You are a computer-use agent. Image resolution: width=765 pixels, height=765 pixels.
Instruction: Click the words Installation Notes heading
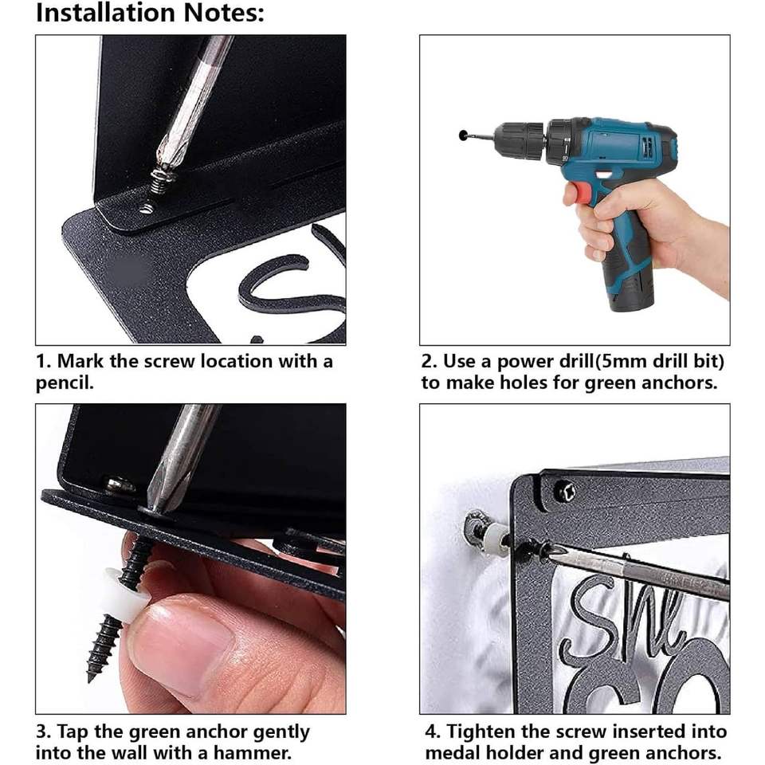point(150,14)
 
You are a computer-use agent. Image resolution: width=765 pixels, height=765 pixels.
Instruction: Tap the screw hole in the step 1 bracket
point(146,209)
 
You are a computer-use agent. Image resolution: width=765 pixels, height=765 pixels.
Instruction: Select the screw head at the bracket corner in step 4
point(564,491)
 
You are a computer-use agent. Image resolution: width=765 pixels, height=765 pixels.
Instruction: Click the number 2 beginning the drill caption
point(428,362)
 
